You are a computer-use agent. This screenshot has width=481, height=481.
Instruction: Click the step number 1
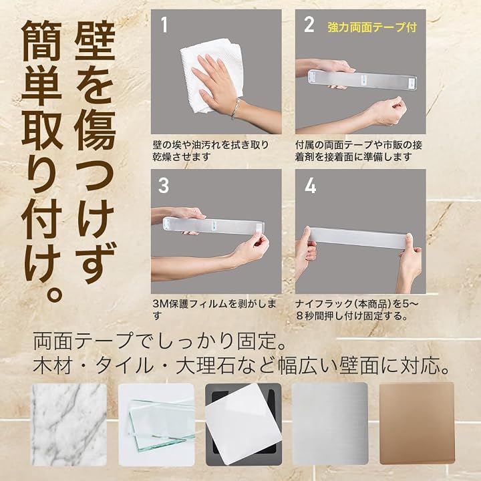165,25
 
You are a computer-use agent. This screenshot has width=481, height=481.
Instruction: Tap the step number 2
309,25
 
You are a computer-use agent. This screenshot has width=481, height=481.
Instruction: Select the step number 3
164,185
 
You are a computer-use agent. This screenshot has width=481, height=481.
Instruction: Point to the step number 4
310,185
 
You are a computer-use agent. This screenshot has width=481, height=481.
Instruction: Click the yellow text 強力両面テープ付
372,27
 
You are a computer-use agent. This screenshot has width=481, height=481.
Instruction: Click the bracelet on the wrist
235,108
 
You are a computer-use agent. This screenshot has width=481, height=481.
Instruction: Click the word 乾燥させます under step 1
182,157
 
